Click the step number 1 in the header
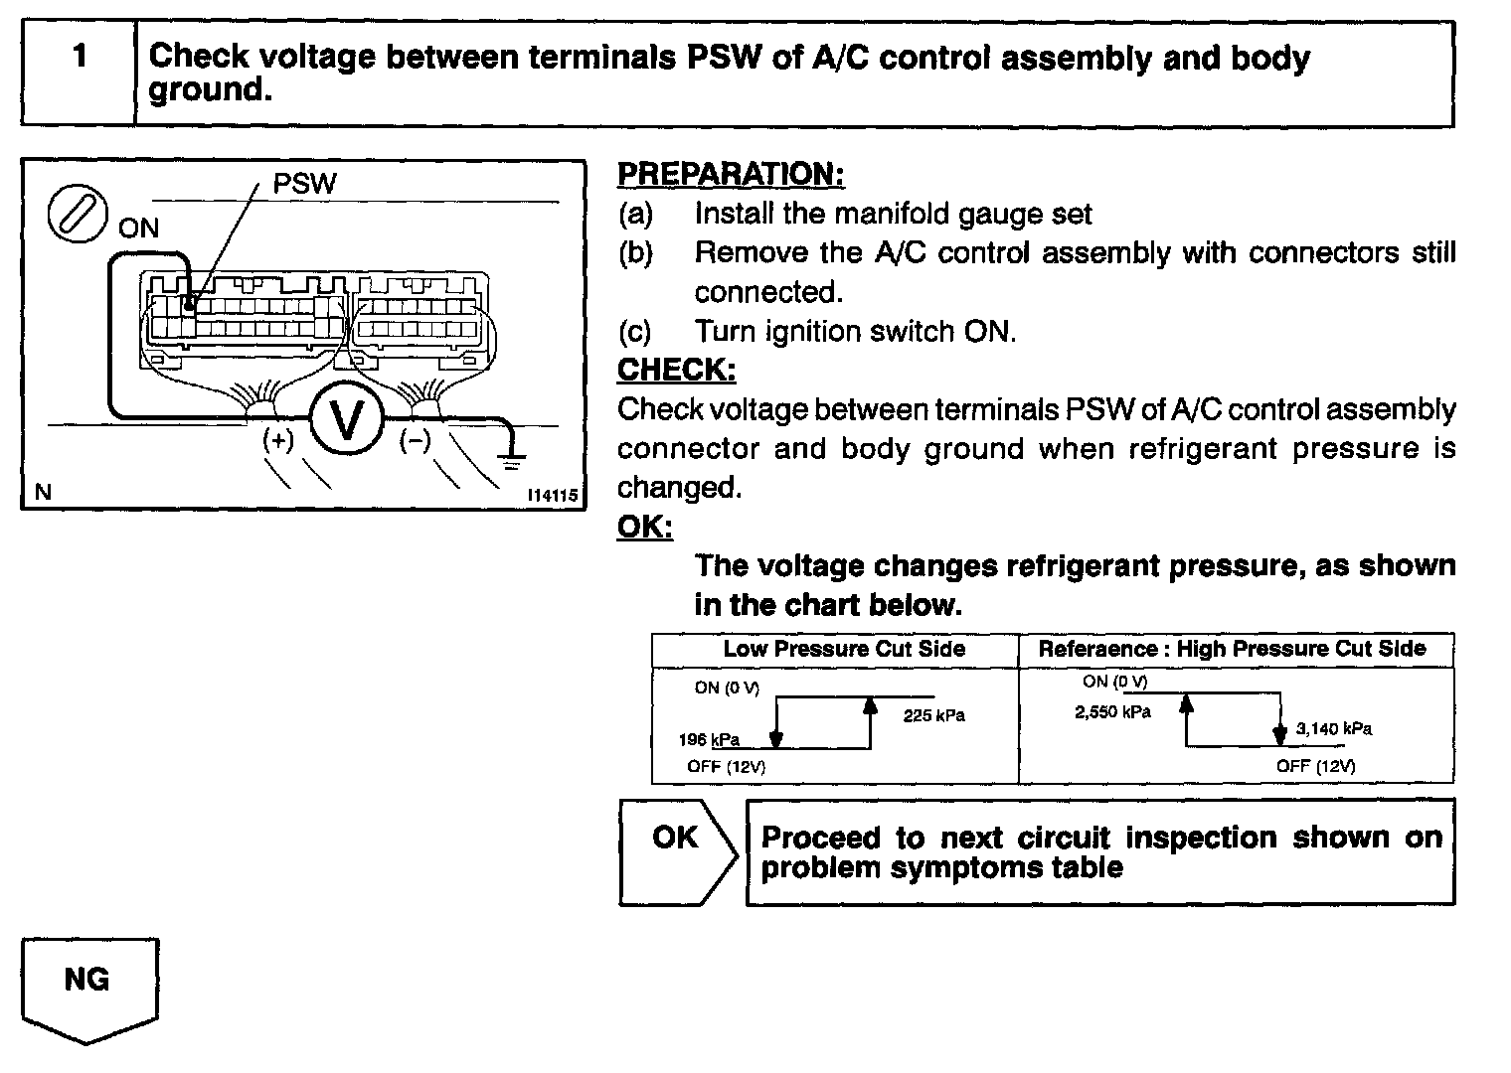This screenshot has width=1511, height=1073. (x=80, y=57)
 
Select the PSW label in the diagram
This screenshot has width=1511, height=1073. (x=304, y=184)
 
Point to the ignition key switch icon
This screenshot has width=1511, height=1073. (x=77, y=213)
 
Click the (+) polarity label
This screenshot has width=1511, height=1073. (x=278, y=440)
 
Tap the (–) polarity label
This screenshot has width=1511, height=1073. (x=415, y=440)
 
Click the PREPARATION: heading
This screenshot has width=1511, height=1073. (x=731, y=174)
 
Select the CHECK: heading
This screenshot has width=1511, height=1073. (x=676, y=370)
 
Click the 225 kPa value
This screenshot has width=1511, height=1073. (x=933, y=715)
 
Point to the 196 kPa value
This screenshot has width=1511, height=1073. (x=709, y=740)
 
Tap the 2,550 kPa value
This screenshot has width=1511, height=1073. (x=1112, y=711)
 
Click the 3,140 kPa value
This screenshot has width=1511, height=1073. (x=1334, y=728)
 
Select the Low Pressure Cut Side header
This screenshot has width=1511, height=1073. (x=844, y=650)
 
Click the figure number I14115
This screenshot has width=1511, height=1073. (x=553, y=495)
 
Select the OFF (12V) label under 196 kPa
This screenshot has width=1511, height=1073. (x=726, y=766)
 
